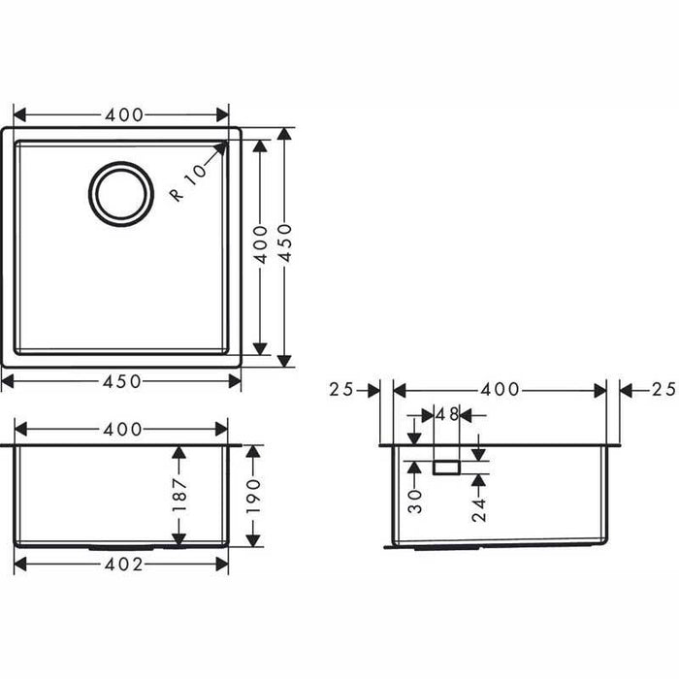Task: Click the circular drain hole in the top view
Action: pos(121,193)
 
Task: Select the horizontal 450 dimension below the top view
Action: pos(121,381)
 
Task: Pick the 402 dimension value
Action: pos(122,565)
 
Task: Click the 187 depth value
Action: pos(178,496)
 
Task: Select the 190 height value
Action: pos(254,496)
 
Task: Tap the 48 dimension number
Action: pos(446,414)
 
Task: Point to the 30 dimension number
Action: pos(415,500)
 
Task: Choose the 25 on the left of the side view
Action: pos(340,390)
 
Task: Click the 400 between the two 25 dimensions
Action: pos(501,390)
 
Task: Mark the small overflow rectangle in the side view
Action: pos(447,468)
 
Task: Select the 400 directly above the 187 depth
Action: pos(122,429)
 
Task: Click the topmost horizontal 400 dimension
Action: pos(122,114)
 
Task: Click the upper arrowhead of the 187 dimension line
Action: pos(178,452)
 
